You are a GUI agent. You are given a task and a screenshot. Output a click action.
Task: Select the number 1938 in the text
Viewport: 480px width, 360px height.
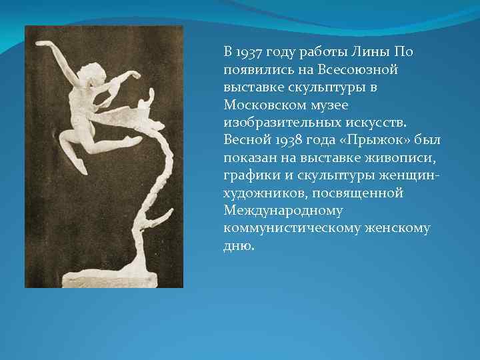click(x=283, y=141)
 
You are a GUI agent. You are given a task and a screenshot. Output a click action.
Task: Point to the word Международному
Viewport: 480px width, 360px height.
click(x=283, y=211)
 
